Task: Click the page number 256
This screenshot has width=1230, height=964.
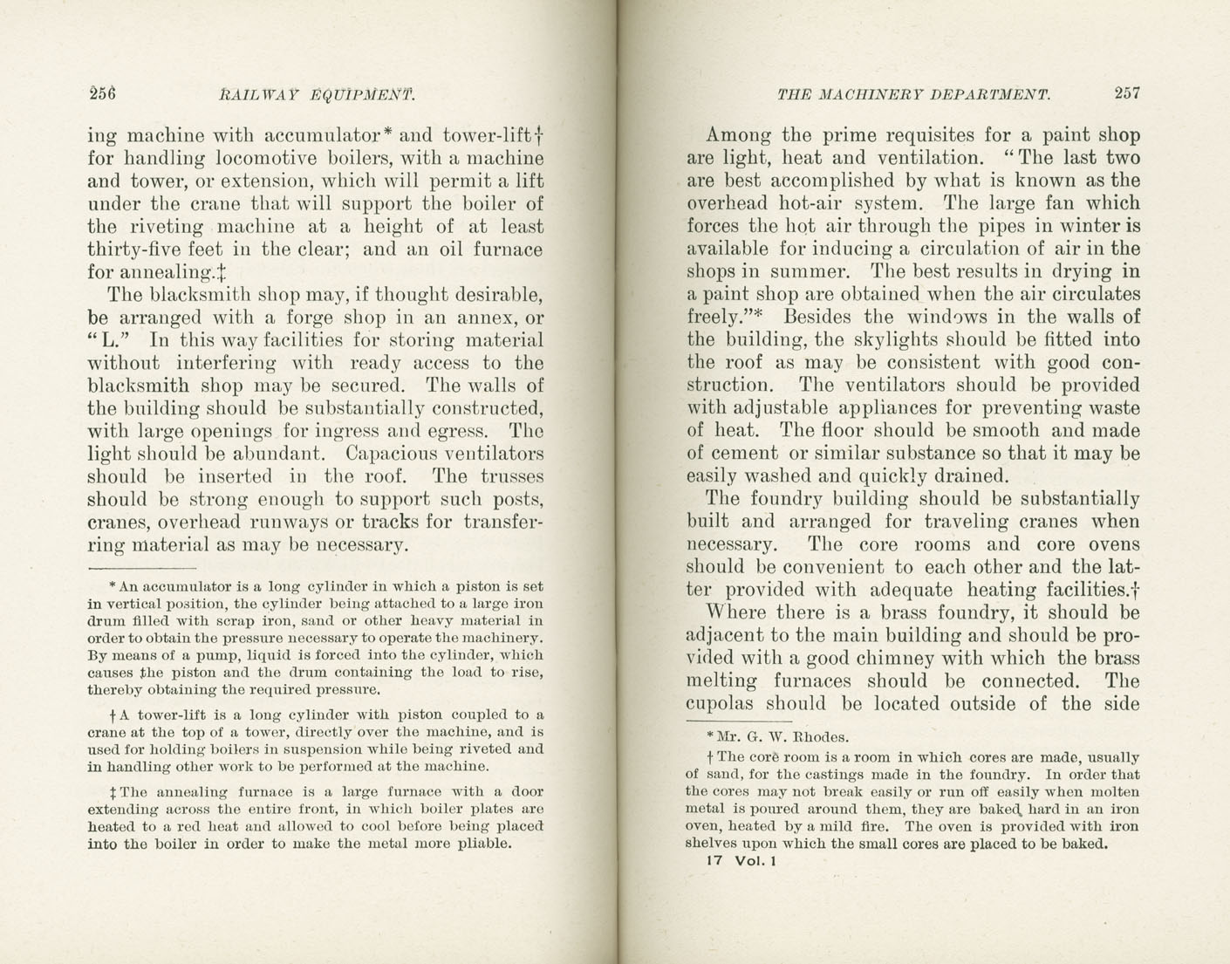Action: pyautogui.click(x=102, y=93)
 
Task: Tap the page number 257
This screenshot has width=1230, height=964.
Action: pyautogui.click(x=1126, y=93)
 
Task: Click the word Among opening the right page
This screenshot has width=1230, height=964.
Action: pyautogui.click(x=738, y=135)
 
